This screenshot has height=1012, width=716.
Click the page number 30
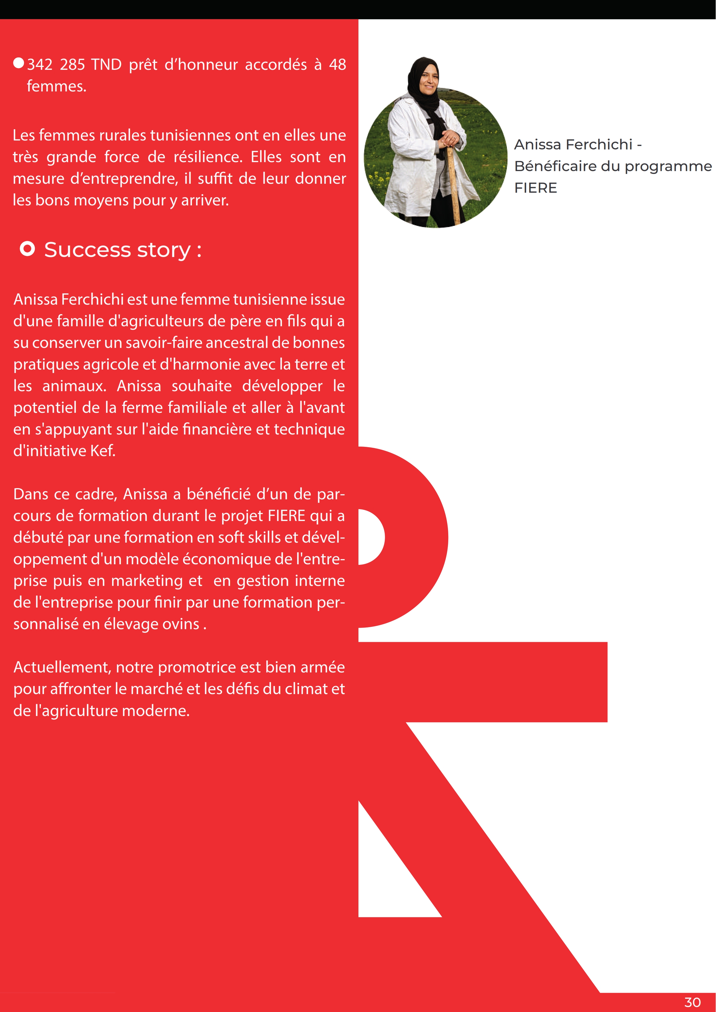[692, 1002]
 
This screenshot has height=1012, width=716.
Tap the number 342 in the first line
[40, 65]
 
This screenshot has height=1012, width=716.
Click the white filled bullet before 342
[18, 63]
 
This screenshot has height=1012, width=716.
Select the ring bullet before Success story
[27, 249]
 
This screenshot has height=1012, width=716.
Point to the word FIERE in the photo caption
[535, 188]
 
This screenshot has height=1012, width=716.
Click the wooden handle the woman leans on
[453, 185]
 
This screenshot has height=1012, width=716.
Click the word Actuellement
[61, 667]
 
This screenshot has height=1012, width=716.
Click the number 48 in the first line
[337, 65]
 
